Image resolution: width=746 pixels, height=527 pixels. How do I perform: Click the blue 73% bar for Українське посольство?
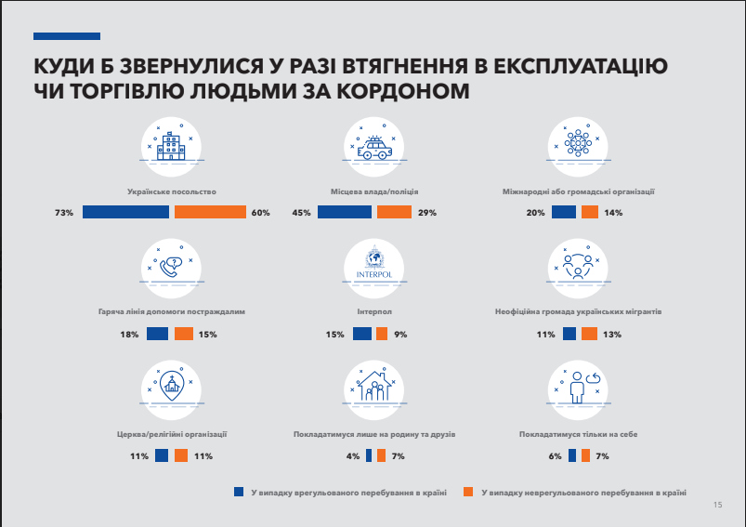tap(125, 212)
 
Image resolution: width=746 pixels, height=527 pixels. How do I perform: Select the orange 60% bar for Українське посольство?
tap(210, 212)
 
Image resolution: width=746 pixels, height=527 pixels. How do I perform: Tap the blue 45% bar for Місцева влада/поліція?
tap(344, 212)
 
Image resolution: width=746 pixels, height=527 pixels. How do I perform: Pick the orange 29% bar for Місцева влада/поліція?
tap(394, 212)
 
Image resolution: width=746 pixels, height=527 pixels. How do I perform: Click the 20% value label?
tap(535, 213)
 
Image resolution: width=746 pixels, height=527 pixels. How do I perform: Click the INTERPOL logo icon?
tap(374, 264)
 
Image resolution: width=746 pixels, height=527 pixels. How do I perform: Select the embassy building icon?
tap(170, 144)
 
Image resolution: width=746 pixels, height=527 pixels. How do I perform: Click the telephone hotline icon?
tap(170, 265)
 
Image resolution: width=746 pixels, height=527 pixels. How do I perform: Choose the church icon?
tap(170, 385)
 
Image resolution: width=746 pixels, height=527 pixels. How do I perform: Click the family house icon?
tap(374, 385)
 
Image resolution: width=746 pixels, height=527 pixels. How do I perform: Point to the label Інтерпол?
tap(374, 312)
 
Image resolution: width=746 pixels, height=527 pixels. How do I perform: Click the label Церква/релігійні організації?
tap(170, 433)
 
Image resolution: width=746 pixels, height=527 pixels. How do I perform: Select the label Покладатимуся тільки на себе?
tap(577, 433)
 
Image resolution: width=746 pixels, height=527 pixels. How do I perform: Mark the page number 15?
tap(717, 505)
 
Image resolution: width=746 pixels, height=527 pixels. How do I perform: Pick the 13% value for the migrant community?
tap(612, 334)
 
